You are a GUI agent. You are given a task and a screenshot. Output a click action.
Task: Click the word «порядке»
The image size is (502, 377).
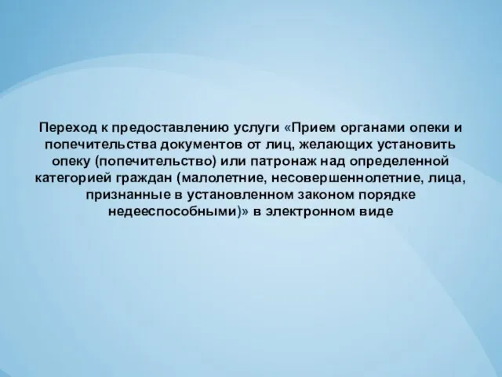pyautogui.click(x=386, y=196)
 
